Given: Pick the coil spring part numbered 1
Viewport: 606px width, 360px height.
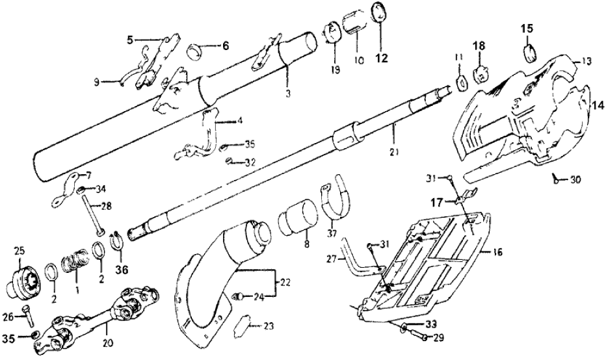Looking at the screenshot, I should coord(73,265).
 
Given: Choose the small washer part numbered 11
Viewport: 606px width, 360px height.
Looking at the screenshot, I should coord(461,82).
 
